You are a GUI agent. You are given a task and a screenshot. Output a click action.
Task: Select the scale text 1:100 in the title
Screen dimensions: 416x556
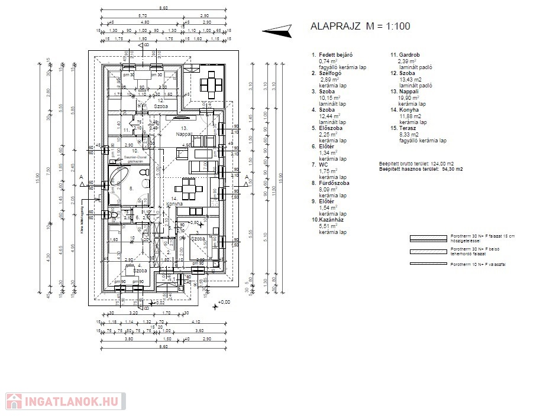point(396,26)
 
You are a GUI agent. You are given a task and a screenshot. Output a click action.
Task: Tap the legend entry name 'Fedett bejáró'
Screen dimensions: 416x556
point(337,55)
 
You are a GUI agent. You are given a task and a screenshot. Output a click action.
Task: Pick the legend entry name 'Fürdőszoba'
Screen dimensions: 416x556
point(334,183)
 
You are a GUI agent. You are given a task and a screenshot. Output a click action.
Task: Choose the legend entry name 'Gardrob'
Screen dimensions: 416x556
point(413,55)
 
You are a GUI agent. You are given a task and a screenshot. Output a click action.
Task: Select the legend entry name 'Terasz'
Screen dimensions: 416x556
point(409,128)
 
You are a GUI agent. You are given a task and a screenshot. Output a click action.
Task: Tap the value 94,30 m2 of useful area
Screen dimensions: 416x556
point(452,169)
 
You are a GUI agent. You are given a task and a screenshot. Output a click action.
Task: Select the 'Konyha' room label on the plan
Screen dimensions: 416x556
point(174,204)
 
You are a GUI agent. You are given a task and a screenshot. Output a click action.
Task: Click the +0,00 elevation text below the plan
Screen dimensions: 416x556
point(224,302)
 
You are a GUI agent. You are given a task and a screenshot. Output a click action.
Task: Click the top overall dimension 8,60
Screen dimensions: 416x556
point(164,8)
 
